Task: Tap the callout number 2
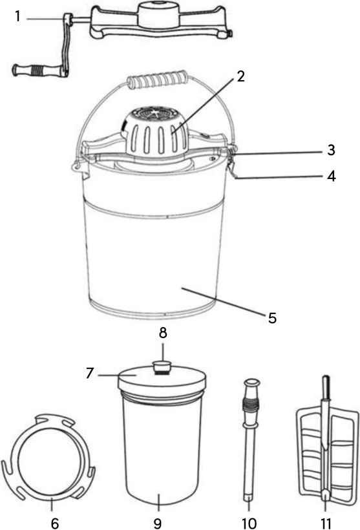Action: (x=240, y=76)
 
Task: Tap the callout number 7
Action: (x=90, y=374)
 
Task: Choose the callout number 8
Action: (x=164, y=334)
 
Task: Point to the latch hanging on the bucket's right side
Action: (x=232, y=171)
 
